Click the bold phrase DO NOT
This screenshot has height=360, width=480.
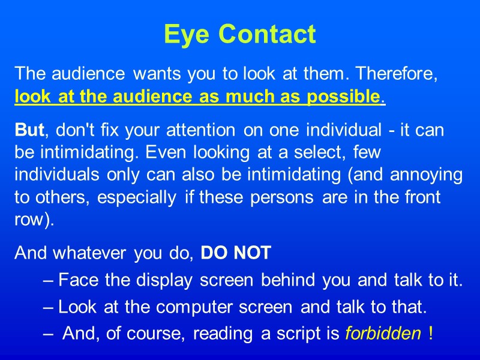tap(236, 254)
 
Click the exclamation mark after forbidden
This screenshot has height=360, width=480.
tap(431, 334)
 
